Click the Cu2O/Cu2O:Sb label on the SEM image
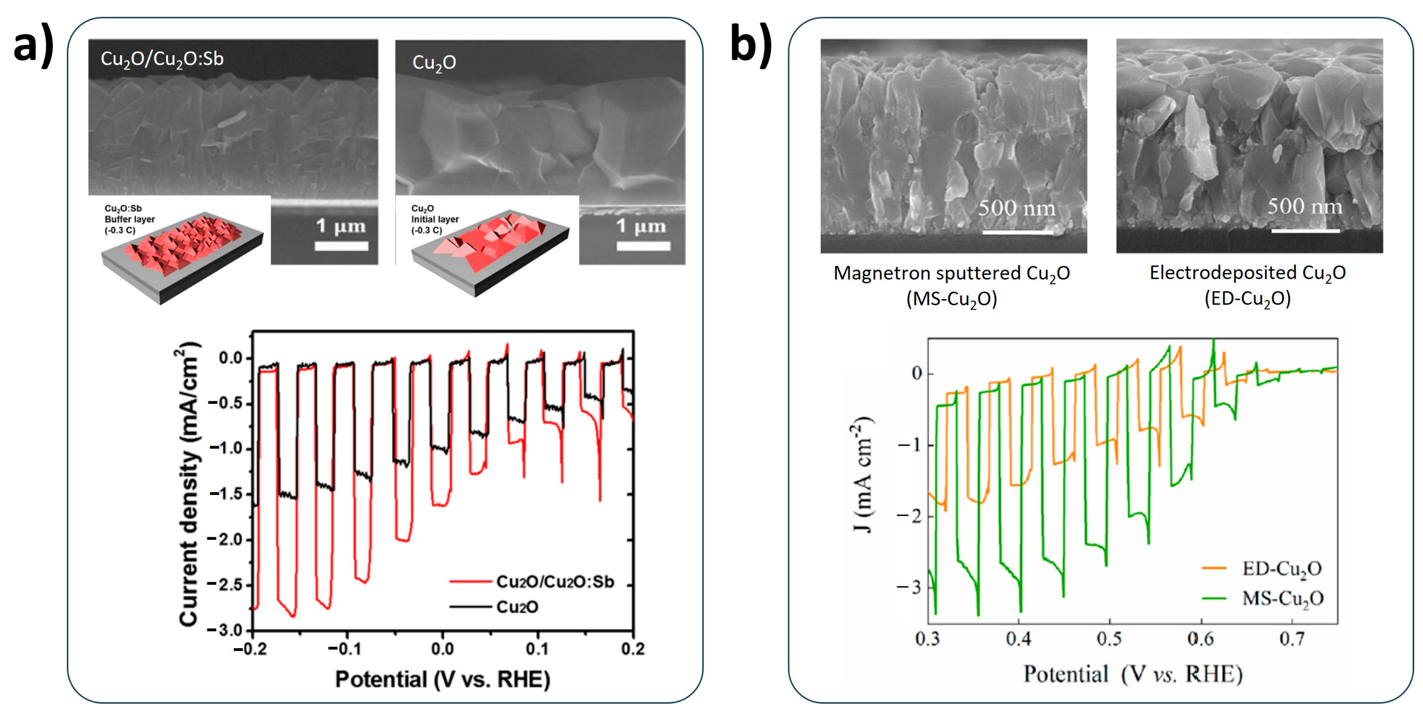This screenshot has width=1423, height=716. click(162, 59)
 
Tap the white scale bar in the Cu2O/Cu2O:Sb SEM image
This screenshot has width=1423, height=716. click(341, 246)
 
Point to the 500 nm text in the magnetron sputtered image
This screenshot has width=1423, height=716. click(1016, 208)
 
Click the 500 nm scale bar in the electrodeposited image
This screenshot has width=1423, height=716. click(1305, 230)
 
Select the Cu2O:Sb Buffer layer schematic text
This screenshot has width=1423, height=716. click(130, 219)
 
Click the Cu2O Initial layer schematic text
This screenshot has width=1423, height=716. click(435, 219)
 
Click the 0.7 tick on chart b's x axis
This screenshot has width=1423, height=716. click(1292, 639)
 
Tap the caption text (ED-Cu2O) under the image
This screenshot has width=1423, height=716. click(1247, 299)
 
